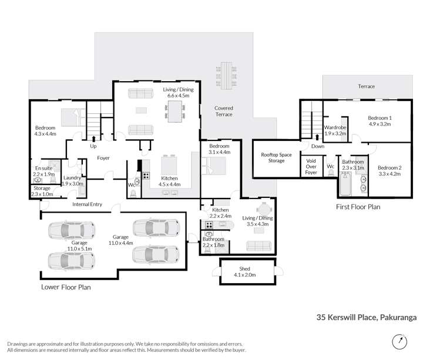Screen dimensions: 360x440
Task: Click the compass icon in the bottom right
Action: pos(401,341)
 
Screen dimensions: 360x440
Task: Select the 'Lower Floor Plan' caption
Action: pos(66,288)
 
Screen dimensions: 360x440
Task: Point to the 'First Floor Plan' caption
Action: pos(358,207)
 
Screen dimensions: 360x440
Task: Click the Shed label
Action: pos(245,270)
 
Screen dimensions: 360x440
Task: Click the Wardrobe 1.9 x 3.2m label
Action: pos(335,130)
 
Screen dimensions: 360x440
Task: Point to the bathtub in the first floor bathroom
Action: pos(344,187)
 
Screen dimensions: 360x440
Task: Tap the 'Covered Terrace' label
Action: pos(223,111)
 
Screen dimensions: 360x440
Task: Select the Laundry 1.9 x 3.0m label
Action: pos(73,180)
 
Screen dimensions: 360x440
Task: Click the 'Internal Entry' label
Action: pos(87,204)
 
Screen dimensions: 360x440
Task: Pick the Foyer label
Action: pos(103,158)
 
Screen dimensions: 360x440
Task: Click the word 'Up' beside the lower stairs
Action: pos(93,146)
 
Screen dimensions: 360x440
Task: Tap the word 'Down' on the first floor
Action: pos(317,146)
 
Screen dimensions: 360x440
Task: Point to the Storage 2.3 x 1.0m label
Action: pos(42,191)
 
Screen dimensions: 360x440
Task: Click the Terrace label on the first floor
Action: pos(367,86)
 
